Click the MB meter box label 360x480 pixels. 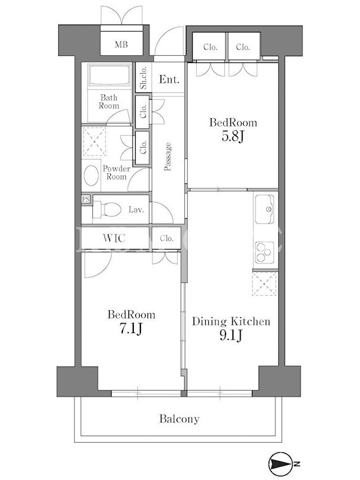[121, 44]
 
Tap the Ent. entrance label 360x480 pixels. [169, 80]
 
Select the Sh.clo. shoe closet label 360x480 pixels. [143, 78]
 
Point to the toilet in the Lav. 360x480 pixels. [107, 209]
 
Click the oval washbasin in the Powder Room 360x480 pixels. [91, 175]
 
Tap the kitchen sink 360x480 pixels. [265, 209]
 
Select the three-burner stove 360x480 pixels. [265, 252]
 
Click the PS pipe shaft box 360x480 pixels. [86, 199]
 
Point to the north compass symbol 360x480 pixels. [280, 464]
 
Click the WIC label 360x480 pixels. [114, 238]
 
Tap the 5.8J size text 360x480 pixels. [233, 137]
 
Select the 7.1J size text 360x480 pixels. [131, 328]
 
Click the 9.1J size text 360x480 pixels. [231, 335]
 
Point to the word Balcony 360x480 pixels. [179, 419]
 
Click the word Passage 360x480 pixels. [167, 157]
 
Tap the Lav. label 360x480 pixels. [136, 209]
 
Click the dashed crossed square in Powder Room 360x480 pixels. [95, 142]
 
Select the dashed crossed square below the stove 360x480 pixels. [264, 284]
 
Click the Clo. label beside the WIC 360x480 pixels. [167, 238]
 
